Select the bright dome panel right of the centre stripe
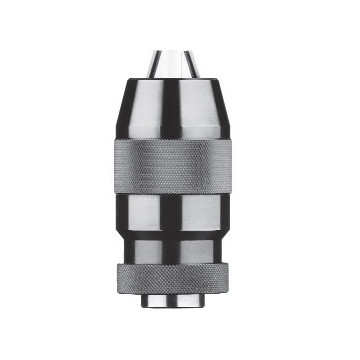[x=212, y=112]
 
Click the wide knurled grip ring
[x=181, y=168]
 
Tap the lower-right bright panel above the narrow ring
[x=211, y=246]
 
